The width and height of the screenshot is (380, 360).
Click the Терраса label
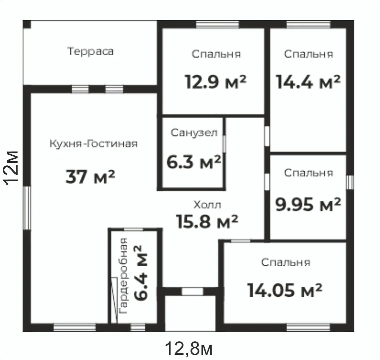click(90, 52)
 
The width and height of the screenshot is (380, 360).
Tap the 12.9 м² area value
click(216, 82)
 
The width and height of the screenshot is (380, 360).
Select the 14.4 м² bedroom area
click(308, 82)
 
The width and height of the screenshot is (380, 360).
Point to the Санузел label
click(194, 133)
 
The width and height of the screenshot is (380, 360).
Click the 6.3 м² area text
click(194, 162)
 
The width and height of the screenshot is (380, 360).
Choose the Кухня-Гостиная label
click(93, 144)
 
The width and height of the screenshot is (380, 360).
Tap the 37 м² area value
click(90, 176)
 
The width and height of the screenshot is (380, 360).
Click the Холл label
click(208, 205)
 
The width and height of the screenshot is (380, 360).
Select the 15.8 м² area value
click(208, 222)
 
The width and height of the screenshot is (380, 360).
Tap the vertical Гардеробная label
click(123, 276)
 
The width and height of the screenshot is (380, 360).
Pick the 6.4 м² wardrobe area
click(140, 273)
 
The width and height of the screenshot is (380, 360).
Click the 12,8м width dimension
click(189, 348)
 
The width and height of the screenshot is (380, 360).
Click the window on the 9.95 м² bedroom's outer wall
click(350, 182)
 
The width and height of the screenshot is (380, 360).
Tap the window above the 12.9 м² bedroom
click(218, 24)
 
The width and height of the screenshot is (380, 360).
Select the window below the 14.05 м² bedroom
click(308, 328)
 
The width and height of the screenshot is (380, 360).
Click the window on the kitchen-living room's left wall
click(27, 208)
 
